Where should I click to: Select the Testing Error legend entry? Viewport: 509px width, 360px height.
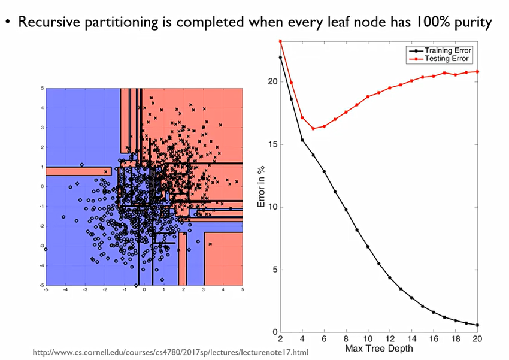click(446, 59)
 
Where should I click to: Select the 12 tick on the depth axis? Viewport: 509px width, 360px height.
click(390, 339)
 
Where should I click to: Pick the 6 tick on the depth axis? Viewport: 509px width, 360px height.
click(324, 339)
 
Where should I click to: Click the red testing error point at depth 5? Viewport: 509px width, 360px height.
click(313, 129)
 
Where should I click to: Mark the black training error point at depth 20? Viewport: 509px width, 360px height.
click(478, 325)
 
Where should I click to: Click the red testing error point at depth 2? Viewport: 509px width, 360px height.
click(280, 41)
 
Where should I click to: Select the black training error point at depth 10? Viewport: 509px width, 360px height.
click(368, 247)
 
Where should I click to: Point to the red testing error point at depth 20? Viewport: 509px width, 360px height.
click(478, 72)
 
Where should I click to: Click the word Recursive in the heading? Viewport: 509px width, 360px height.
click(46, 22)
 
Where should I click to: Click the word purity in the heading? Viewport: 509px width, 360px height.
click(469, 23)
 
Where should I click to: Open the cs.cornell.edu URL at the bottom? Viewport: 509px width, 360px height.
click(170, 352)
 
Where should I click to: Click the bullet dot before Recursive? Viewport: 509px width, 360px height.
click(8, 23)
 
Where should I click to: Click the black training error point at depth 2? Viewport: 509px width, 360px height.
click(280, 58)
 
